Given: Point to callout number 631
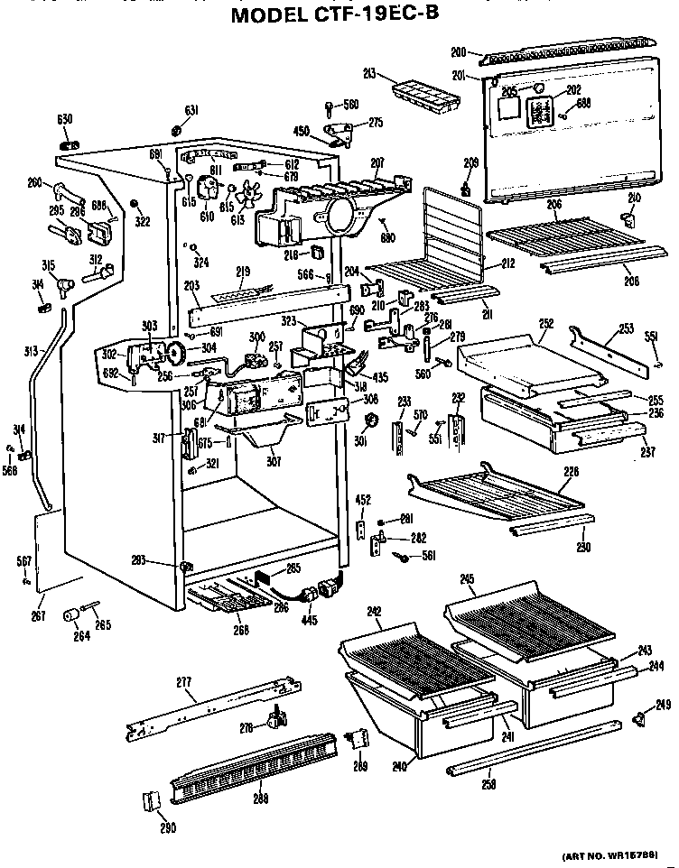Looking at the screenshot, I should (191, 111).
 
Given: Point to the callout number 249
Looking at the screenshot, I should (663, 705).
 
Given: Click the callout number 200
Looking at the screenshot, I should (458, 52).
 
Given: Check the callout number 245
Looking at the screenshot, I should (467, 578).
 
